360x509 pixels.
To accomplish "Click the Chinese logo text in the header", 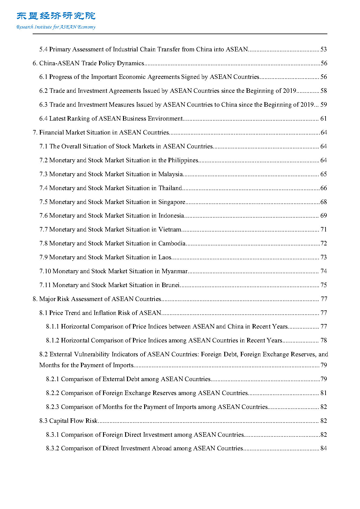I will coord(56,16).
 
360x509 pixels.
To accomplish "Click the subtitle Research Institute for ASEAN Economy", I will coord(56,27).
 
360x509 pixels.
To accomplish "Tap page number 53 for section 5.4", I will coord(323,49).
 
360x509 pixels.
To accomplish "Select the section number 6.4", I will coord(43,118).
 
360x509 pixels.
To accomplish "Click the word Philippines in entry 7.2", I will coord(183,160).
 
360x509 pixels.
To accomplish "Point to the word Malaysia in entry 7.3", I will coord(170,174).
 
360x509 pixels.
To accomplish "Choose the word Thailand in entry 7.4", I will coord(170,188).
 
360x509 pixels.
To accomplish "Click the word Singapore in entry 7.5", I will coord(172,202).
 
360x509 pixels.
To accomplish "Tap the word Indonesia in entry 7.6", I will coord(171,216).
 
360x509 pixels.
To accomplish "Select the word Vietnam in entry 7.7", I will coord(170,229).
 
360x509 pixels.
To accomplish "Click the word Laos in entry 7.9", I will coord(165,257).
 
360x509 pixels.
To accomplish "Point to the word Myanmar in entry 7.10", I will coord(174,271).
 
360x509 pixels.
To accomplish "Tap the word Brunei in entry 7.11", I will coord(170,285).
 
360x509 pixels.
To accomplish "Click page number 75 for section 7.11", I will coord(323,285).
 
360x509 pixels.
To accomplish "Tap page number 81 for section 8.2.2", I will coord(323,393).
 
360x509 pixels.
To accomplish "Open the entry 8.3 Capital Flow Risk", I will coord(68,421).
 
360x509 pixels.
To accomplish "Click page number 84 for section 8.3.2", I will coord(323,448).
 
